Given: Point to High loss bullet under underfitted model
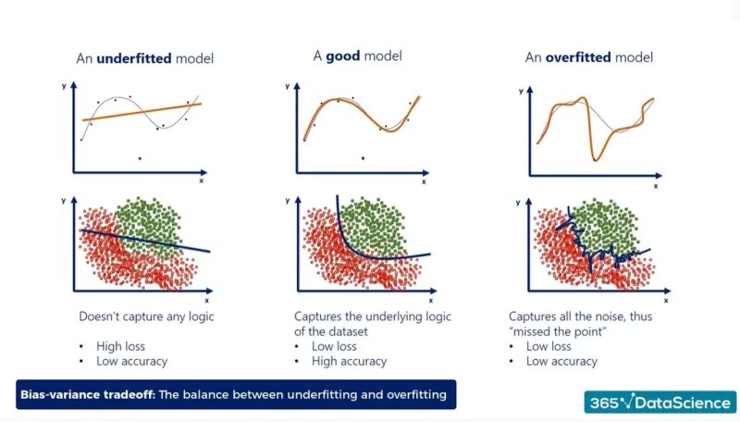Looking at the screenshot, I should [x=121, y=347].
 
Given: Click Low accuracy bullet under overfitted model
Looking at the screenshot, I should [x=561, y=362].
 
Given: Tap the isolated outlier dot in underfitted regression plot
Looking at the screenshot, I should [x=140, y=158].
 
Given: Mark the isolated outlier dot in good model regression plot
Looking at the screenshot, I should [x=363, y=157].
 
